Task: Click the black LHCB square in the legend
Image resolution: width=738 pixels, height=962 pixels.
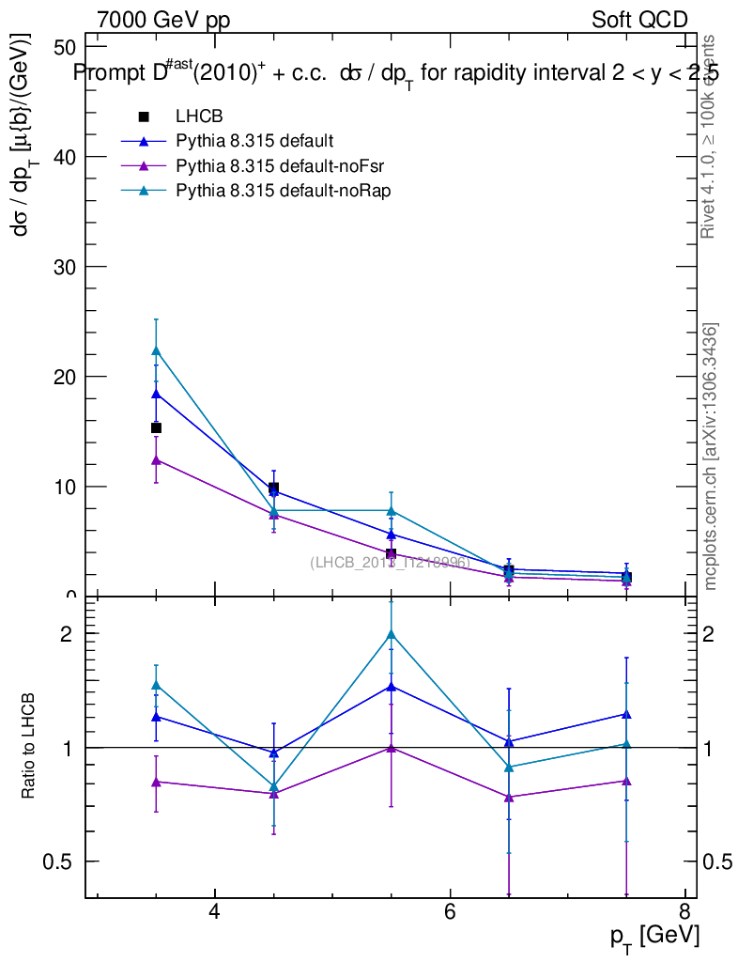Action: [144, 116]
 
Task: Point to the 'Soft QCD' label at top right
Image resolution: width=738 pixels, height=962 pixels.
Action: [639, 21]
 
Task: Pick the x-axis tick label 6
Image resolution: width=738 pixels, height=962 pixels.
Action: [450, 911]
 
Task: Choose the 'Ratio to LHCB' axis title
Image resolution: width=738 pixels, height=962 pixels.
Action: [29, 747]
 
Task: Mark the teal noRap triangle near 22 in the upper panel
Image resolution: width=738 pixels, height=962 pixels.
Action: [157, 350]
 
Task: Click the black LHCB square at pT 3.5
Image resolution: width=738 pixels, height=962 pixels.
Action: [157, 427]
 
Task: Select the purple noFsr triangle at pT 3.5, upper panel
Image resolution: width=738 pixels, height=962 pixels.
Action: [157, 459]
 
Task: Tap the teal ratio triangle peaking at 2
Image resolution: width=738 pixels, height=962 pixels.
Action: [392, 633]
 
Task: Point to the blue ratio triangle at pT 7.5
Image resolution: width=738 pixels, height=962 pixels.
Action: [626, 714]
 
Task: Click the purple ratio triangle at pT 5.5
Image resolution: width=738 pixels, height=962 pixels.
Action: [392, 748]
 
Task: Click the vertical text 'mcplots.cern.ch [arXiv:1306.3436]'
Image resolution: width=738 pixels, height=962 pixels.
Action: [711, 457]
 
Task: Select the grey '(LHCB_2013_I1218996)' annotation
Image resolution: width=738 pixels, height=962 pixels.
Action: [390, 563]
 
